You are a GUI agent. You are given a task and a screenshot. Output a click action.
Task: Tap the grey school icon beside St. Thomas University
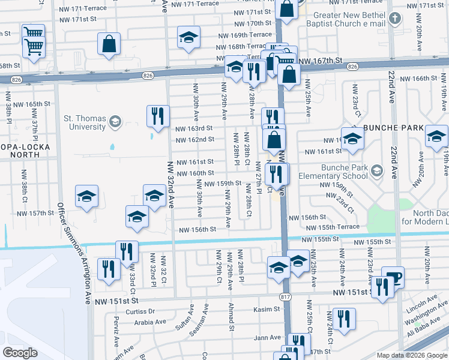pyautogui.click(x=113, y=123)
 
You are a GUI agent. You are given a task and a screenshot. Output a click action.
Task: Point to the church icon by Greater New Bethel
pyautogui.click(x=394, y=19)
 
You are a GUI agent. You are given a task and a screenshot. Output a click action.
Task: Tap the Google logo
pyautogui.click(x=20, y=353)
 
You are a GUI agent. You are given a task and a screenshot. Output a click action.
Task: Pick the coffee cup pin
pyautogui.click(x=393, y=278)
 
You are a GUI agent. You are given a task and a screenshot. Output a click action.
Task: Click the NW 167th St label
pyautogui.click(x=320, y=61)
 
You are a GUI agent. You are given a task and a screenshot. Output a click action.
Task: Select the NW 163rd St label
pyautogui.click(x=194, y=128)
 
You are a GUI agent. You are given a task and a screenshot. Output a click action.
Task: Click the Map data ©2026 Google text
pyautogui.click(x=412, y=355)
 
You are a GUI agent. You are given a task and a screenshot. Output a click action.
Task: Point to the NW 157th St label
pyautogui.click(x=36, y=213)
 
